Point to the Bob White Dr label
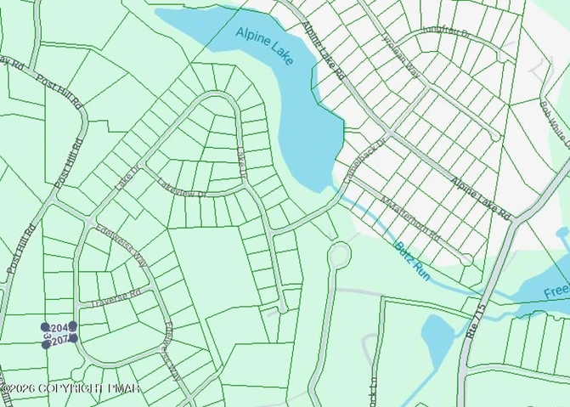551,122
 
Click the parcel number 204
59,327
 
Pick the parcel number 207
59,340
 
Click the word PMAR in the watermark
123,388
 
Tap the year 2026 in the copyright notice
21,388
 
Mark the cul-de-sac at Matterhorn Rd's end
466,259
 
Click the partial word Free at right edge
556,291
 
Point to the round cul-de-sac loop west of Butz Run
340,254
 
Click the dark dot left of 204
45,327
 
